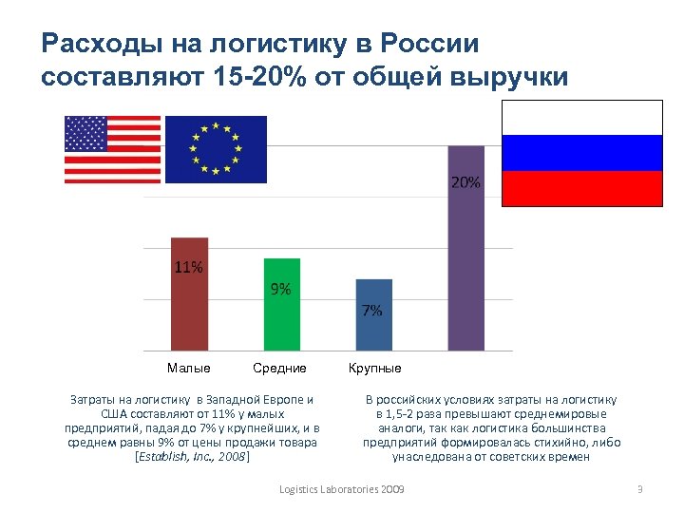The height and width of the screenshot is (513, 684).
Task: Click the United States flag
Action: click(x=112, y=149)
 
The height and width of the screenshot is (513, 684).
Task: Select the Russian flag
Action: click(x=580, y=153)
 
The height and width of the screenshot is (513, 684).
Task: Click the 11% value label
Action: click(x=187, y=267)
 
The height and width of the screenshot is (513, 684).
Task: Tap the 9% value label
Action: click(x=280, y=289)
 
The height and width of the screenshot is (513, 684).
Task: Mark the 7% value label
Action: click(x=372, y=310)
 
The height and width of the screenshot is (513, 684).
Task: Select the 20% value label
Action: click(x=465, y=181)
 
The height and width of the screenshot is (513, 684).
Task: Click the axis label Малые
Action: click(x=188, y=368)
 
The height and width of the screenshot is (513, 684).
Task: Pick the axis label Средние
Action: click(x=279, y=368)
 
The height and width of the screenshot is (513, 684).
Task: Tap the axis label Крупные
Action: click(x=374, y=368)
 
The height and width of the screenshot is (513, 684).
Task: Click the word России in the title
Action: click(x=428, y=44)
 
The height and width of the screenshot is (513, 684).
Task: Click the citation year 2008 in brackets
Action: click(x=232, y=457)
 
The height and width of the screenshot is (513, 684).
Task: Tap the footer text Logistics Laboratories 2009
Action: click(x=342, y=488)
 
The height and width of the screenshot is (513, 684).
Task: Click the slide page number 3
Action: click(x=640, y=488)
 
